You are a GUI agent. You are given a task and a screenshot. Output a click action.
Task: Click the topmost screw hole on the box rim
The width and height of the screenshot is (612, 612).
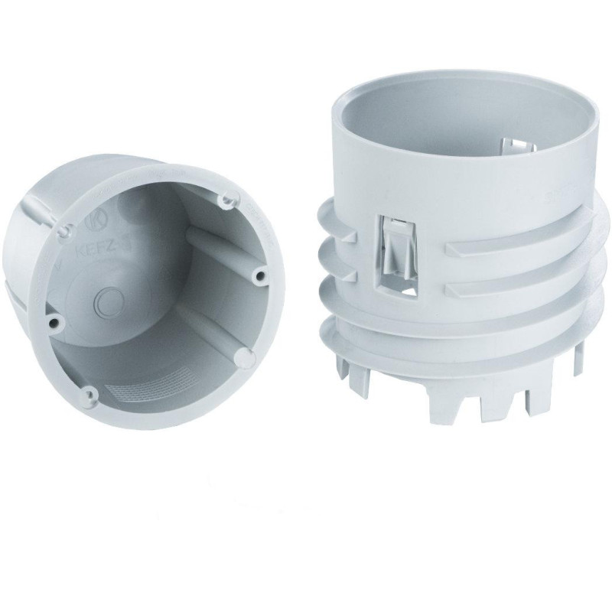(x=225, y=200)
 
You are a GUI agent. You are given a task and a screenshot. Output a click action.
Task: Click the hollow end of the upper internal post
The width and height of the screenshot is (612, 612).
(x=261, y=274)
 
